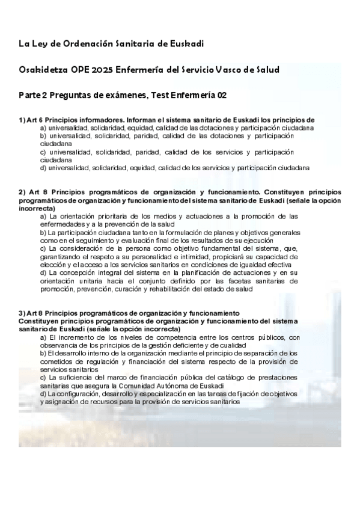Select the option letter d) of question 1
[x=43, y=168]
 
